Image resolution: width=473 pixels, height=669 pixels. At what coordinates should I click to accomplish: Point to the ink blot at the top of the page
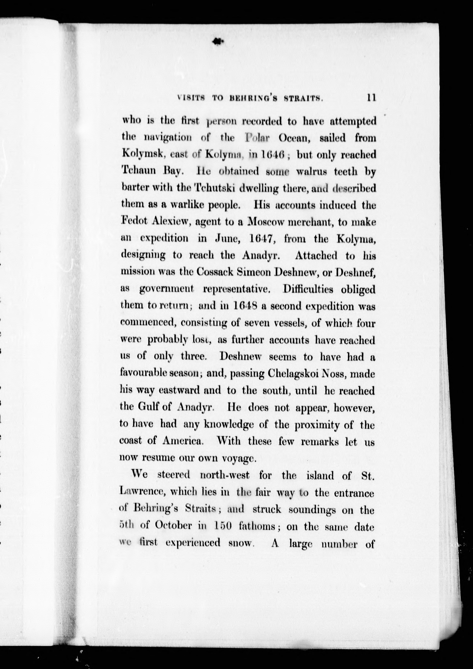(x=217, y=42)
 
